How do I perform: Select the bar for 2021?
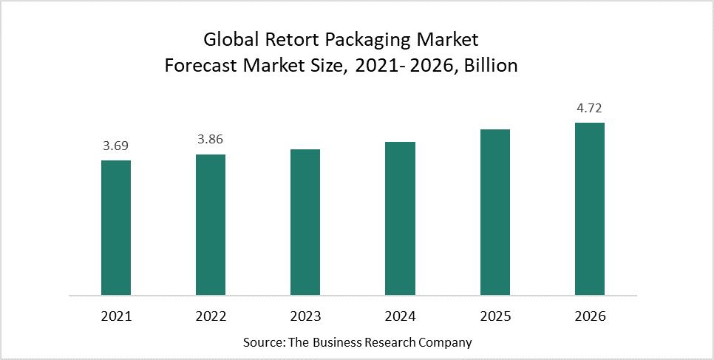click(x=116, y=228)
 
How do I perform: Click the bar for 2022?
click(x=211, y=225)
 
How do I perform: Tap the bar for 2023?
click(x=305, y=222)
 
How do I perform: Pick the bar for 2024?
click(x=400, y=218)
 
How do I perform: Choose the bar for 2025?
click(x=494, y=212)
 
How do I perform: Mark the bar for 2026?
click(x=589, y=208)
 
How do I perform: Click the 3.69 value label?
click(x=116, y=146)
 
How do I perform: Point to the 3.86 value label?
click(x=211, y=139)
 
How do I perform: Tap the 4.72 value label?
click(x=589, y=108)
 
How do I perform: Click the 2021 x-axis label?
click(x=116, y=316)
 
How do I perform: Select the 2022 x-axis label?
click(x=211, y=316)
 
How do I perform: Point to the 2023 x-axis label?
click(x=305, y=316)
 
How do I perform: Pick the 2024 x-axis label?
click(x=400, y=316)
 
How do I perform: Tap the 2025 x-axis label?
click(x=494, y=316)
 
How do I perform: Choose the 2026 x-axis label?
click(x=589, y=316)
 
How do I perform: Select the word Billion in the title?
click(x=488, y=65)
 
